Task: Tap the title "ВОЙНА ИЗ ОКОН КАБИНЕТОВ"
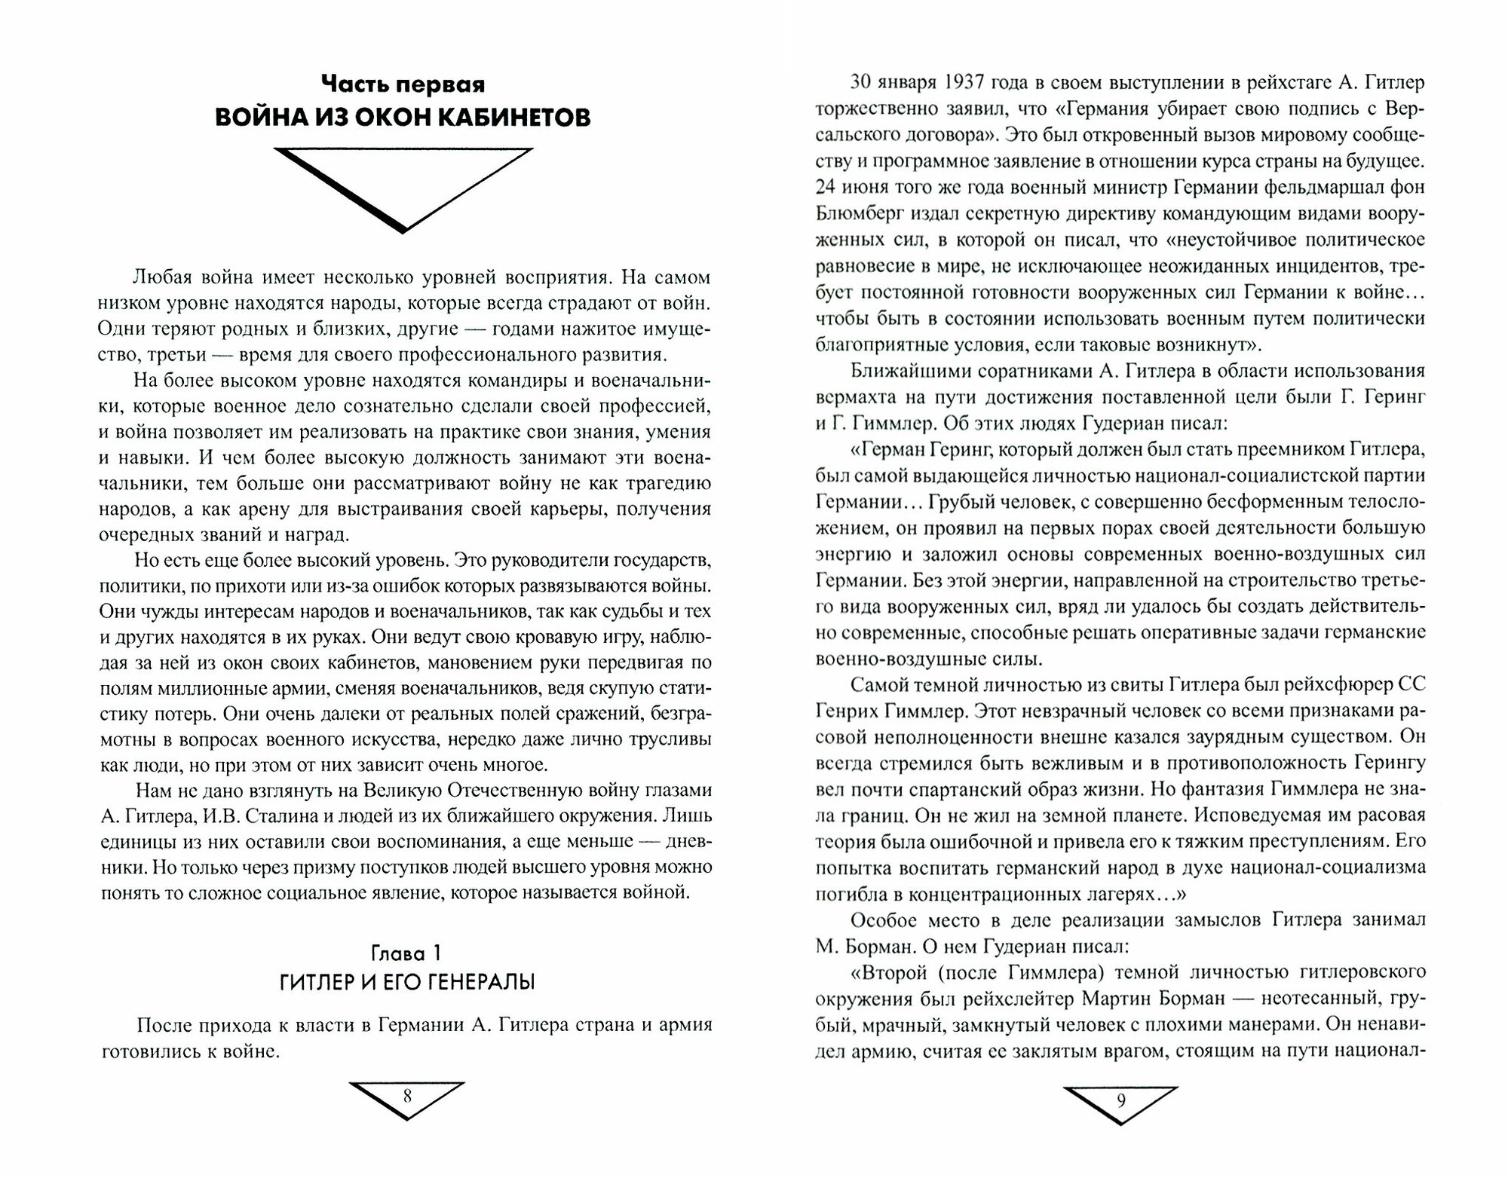coord(403,118)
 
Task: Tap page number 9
coord(1120,1100)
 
